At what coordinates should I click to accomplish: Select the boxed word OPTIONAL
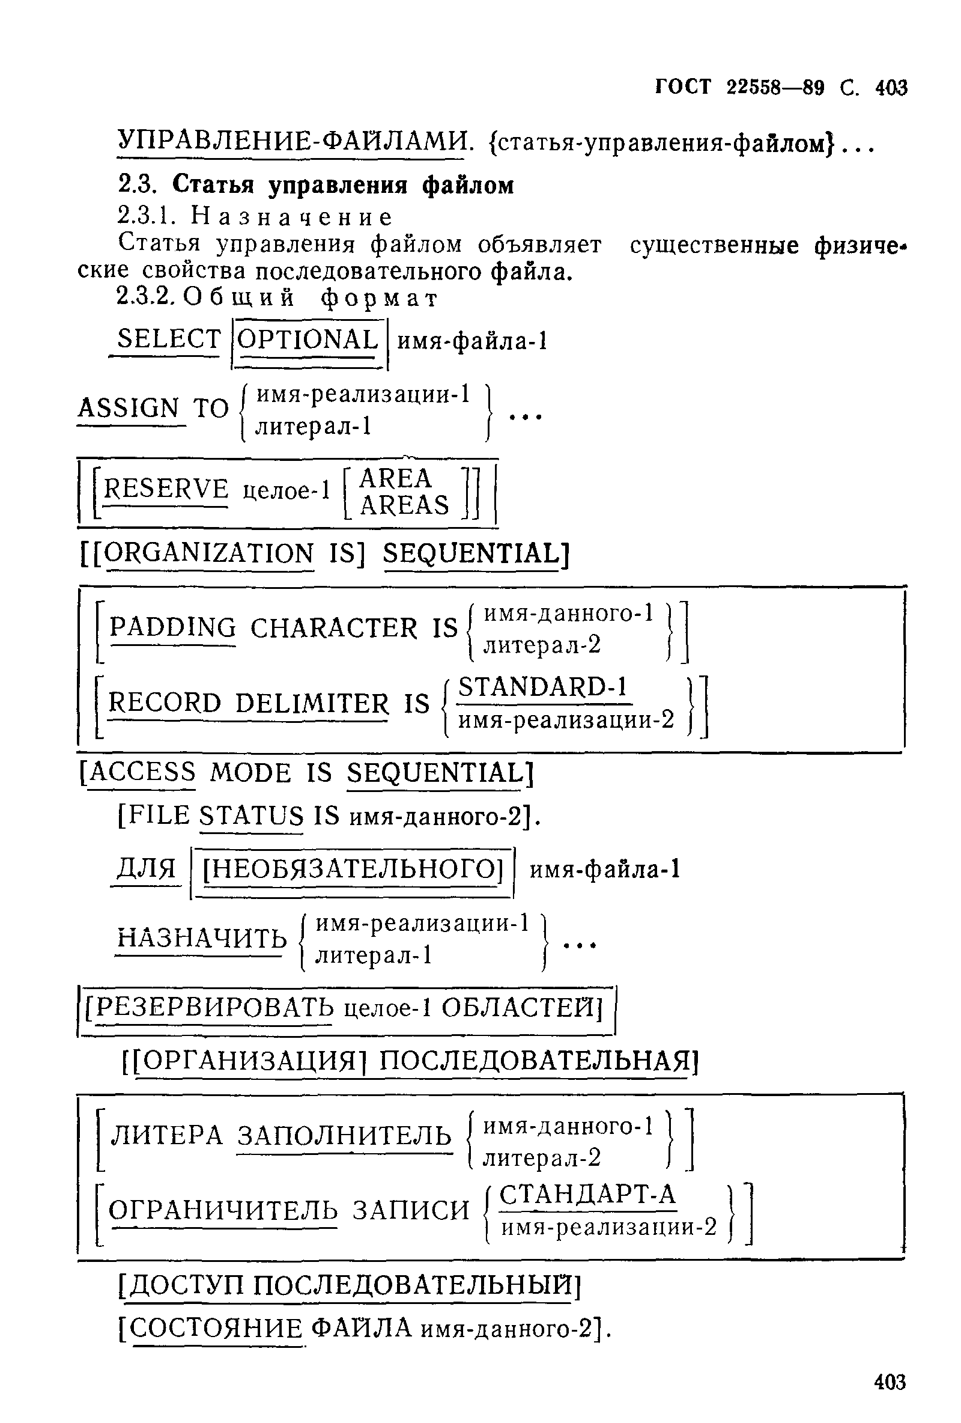point(308,339)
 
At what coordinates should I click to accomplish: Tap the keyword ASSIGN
point(129,408)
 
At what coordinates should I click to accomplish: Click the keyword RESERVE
point(166,489)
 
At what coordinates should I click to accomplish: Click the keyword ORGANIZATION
point(210,553)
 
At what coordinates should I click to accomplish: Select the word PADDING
point(172,627)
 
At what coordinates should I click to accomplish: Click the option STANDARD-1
point(543,686)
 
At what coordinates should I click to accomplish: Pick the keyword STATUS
point(252,815)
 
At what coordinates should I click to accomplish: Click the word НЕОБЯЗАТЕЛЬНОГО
point(352,868)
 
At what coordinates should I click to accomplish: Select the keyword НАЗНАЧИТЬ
point(201,937)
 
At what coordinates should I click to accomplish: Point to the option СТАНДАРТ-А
point(587,1194)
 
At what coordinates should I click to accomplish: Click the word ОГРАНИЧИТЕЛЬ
point(223,1210)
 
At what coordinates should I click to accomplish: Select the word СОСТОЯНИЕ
point(217,1328)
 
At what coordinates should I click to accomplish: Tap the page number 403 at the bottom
point(890,1382)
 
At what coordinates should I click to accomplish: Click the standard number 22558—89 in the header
point(775,88)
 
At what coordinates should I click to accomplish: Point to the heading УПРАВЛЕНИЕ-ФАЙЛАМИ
point(291,142)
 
